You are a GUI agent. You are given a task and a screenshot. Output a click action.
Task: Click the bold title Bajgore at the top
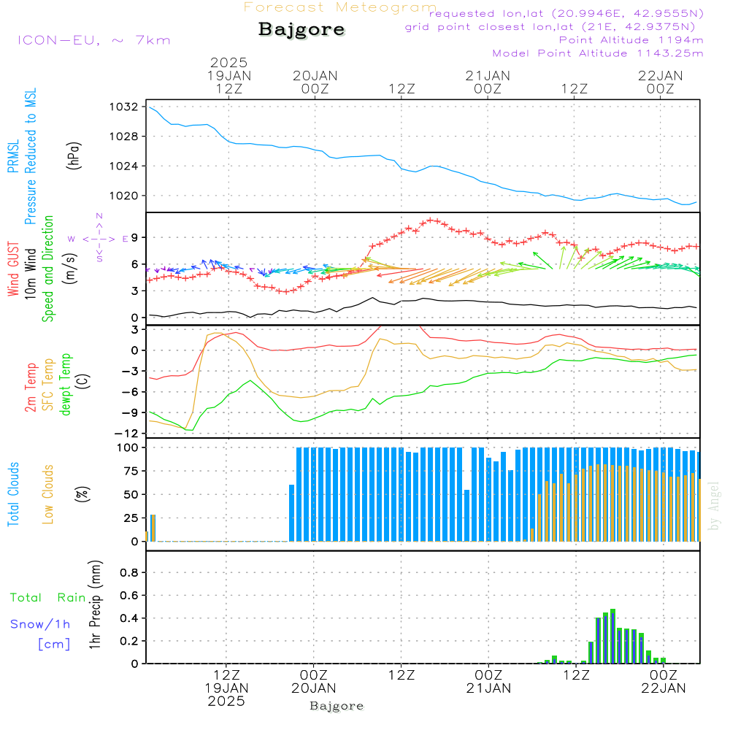click(301, 30)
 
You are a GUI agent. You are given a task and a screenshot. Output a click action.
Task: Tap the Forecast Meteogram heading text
click(340, 7)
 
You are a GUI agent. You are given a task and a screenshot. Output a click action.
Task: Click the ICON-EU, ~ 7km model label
click(93, 40)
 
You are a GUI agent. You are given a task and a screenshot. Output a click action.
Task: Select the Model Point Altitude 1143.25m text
click(598, 53)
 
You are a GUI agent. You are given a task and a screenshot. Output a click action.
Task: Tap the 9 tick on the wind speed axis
click(134, 237)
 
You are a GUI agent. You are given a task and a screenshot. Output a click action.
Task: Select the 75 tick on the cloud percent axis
click(131, 471)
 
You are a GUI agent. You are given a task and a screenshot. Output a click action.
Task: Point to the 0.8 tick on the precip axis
click(129, 572)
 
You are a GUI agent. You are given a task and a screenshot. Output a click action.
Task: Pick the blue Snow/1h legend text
click(40, 624)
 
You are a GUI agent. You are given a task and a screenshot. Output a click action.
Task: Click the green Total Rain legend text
click(48, 597)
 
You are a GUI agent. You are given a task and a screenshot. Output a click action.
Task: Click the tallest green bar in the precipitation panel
click(613, 636)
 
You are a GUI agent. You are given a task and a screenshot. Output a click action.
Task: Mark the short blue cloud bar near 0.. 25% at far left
click(152, 528)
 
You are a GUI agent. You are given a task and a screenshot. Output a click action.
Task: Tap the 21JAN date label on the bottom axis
click(488, 688)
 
